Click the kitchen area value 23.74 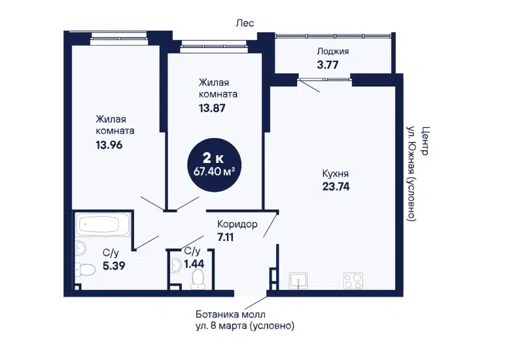[x=336, y=187]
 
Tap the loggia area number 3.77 [x=328, y=65]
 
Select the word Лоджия [x=333, y=52]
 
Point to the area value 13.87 [x=212, y=108]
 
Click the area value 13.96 [x=109, y=145]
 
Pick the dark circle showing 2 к [x=215, y=165]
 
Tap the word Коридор [x=237, y=224]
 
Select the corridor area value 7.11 [x=225, y=238]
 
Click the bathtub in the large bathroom [x=103, y=224]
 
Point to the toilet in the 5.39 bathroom [x=85, y=269]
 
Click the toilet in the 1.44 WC [x=198, y=279]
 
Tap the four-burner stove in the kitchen [x=353, y=280]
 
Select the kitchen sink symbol [x=298, y=280]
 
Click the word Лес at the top [x=245, y=24]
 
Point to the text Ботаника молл [x=230, y=314]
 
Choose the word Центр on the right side [x=425, y=141]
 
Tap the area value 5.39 [x=114, y=266]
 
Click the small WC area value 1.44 [x=194, y=264]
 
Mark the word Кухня [x=336, y=173]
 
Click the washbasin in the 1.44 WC [x=176, y=265]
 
